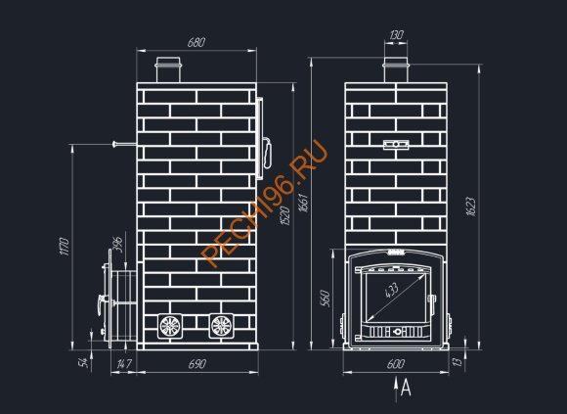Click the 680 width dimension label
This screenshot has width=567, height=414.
196,42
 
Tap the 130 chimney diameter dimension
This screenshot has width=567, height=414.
396,35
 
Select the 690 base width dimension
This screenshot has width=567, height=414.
197,364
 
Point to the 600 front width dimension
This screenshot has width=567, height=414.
396,364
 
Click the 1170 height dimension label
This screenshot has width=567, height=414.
64,247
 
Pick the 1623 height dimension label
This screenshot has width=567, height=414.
471,207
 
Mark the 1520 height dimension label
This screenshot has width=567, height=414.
285,215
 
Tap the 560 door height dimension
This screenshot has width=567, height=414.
326,299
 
